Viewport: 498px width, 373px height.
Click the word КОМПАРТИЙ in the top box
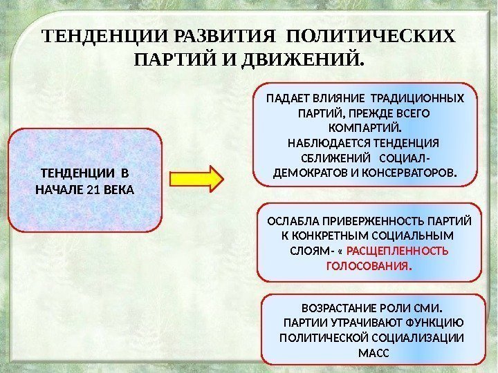coord(365,128)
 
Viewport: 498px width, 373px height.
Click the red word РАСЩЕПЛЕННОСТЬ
coord(407,251)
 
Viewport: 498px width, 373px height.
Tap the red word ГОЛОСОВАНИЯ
coord(368,266)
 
